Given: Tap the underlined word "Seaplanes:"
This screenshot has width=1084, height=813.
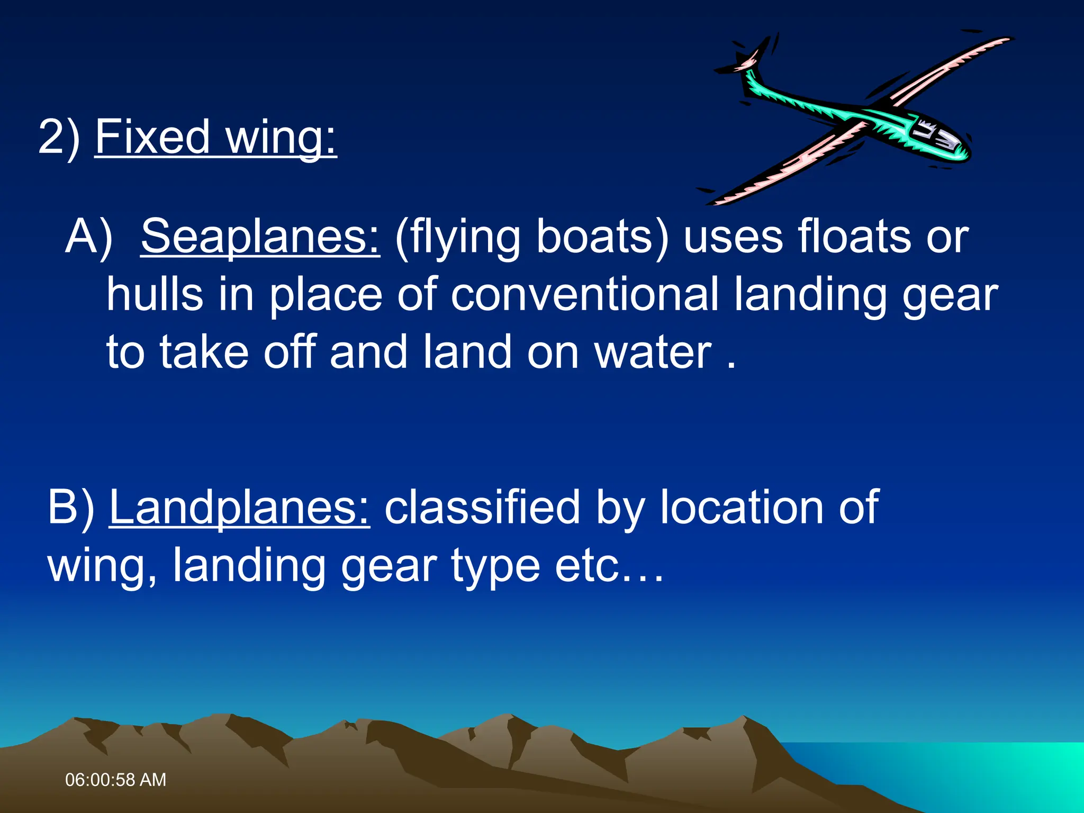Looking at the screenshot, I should [x=260, y=237].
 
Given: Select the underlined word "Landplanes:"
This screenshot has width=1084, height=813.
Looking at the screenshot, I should [x=240, y=508].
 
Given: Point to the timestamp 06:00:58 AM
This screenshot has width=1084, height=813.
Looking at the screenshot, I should [x=115, y=780].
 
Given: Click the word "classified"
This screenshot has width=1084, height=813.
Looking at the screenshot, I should [x=482, y=508].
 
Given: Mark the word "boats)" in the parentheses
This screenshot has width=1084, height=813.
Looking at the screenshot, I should [x=602, y=237].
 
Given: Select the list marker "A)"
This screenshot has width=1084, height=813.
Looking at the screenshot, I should [x=89, y=237].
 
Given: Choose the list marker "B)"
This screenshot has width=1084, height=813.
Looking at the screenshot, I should [x=71, y=508].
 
